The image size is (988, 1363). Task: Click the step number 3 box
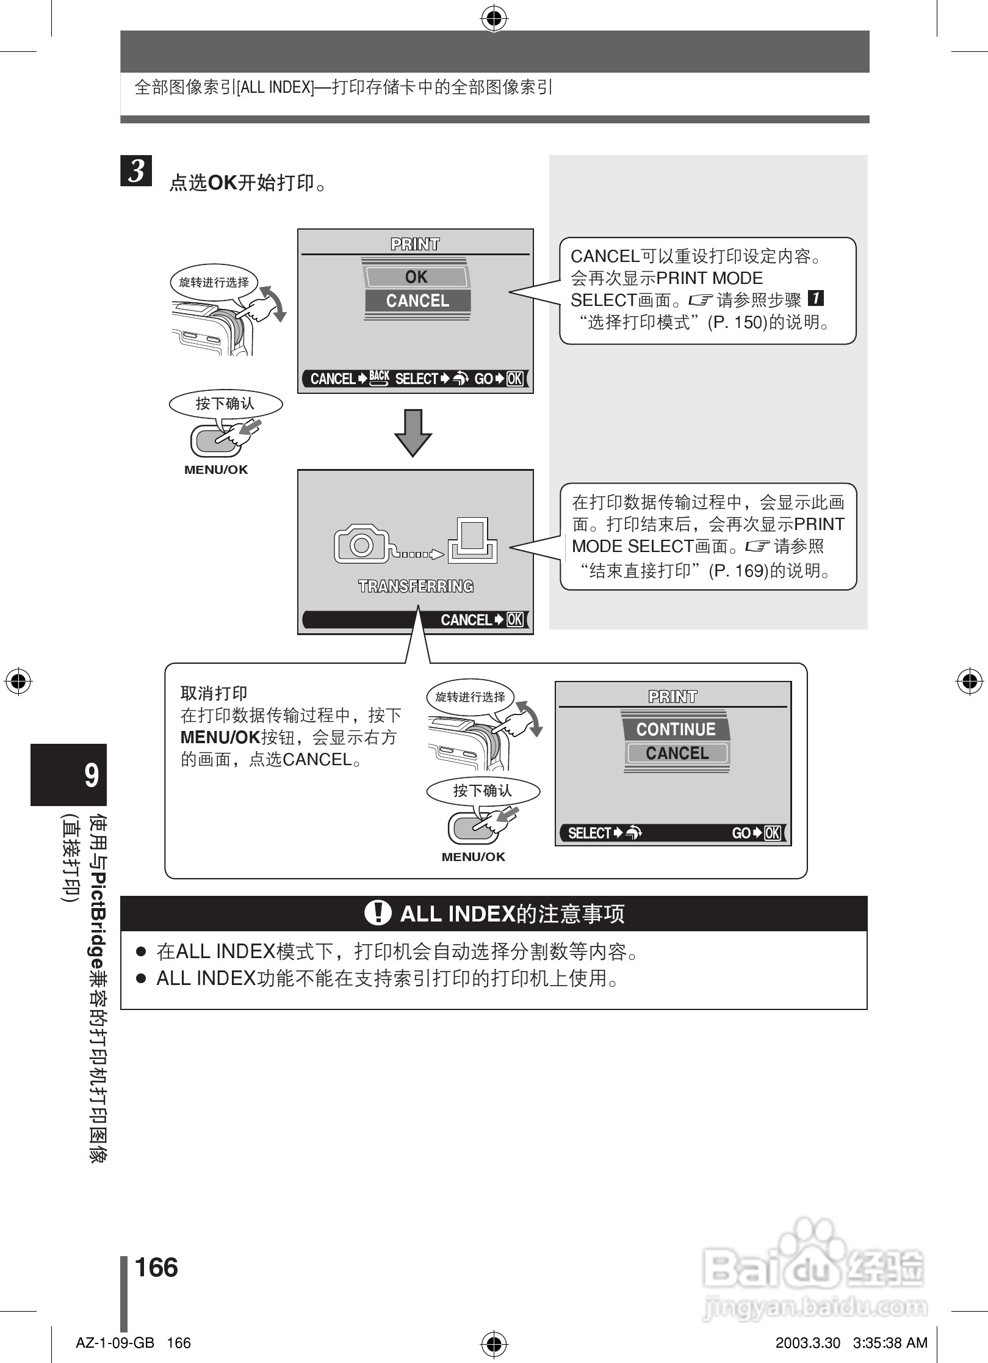coord(136,171)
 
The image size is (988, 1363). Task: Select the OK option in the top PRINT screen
coord(417,277)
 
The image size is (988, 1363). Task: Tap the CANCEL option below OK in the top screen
coord(417,301)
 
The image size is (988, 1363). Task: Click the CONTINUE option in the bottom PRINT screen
coord(676,729)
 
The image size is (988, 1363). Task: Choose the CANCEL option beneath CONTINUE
coord(677,754)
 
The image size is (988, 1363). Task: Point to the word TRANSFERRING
coord(416,586)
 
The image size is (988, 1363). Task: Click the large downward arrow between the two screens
coord(413,432)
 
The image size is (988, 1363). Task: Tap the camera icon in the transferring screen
coord(361,543)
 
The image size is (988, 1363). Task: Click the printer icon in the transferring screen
coord(472,540)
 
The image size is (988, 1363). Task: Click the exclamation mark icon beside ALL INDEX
coord(378,913)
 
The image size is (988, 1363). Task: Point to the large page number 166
coord(156,1267)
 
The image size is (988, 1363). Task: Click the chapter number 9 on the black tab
coord(91,776)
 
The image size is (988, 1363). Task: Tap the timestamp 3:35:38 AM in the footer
coord(890,1343)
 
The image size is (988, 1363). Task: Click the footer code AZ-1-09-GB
coord(115,1343)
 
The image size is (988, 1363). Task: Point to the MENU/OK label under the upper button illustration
coord(216,470)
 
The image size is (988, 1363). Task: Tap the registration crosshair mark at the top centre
coord(494,20)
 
